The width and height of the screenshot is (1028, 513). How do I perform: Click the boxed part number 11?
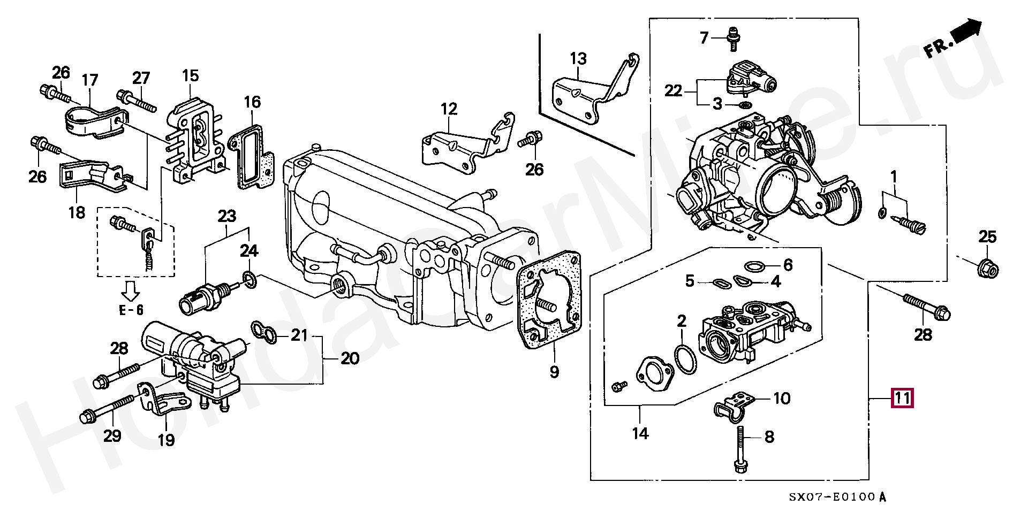coord(902,398)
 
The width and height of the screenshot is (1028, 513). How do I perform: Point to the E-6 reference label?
coord(131,310)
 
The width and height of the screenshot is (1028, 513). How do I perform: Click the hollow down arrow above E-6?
coord(130,290)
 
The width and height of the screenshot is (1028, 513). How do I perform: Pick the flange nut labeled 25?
coord(987,268)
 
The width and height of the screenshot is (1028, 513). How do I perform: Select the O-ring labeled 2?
coord(686,359)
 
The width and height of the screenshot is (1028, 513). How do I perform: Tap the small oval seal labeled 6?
coord(754,266)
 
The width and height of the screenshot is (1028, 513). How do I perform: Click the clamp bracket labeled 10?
coord(734,406)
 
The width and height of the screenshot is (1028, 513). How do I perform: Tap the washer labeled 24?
coord(250,279)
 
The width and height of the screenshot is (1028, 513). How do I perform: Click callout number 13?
coord(578,59)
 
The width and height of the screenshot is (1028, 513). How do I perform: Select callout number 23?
coord(226,217)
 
